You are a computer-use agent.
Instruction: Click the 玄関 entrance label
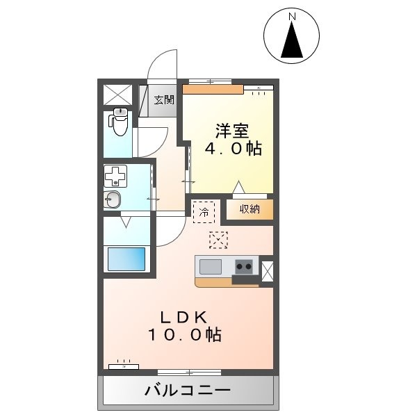point(164,99)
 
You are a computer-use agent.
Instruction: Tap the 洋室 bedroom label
point(232,131)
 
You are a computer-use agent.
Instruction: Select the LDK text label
point(183,318)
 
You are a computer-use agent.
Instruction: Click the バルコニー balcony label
point(188,391)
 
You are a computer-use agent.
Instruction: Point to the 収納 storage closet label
point(250,209)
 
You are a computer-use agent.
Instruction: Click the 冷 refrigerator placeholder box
point(204,212)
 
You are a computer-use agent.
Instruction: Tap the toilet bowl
point(119,122)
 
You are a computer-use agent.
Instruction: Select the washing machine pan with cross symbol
point(115,176)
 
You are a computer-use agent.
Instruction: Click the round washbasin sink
point(112,199)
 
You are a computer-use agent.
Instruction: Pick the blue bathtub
point(126,259)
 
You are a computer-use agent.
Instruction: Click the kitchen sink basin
point(211,266)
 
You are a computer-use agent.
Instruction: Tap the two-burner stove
point(244,266)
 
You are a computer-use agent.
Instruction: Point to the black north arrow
point(292,40)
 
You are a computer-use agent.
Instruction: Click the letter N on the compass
point(293,17)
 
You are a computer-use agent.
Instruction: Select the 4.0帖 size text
point(234,148)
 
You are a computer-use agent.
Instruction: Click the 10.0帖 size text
point(184,334)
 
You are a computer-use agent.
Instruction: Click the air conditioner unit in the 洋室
point(259,88)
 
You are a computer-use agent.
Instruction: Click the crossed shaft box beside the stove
point(268,271)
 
